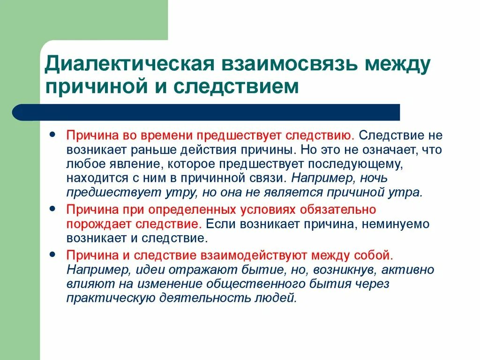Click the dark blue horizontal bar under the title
tap(206, 112)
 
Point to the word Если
tap(220, 224)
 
